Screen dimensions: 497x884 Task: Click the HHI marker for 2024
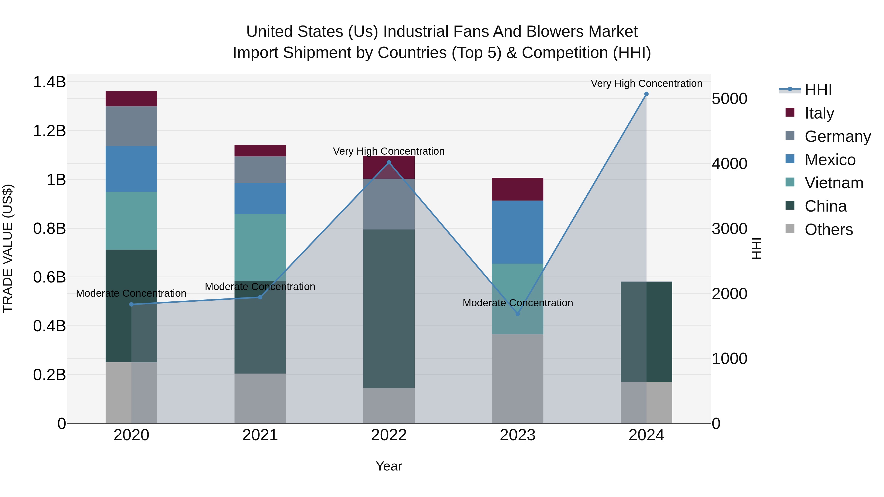click(x=646, y=94)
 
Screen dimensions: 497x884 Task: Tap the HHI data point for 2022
click(x=389, y=162)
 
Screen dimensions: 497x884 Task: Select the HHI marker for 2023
click(x=517, y=314)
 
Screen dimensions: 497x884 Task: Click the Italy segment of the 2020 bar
click(x=131, y=99)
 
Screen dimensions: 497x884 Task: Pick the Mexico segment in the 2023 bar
click(x=517, y=232)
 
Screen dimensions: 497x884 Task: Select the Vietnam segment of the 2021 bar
click(x=260, y=247)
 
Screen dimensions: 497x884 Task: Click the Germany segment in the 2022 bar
click(x=389, y=204)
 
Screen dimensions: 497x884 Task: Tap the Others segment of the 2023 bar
click(x=517, y=379)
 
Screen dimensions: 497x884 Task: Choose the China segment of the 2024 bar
click(x=646, y=332)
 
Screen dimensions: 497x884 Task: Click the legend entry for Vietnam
click(x=834, y=183)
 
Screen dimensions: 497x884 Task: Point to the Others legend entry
click(x=829, y=229)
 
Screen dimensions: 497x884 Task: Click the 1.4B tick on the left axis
click(x=49, y=82)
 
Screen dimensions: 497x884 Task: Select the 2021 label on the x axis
click(x=260, y=435)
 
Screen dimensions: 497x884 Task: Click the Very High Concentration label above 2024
click(x=646, y=83)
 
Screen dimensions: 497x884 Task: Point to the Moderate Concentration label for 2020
click(x=131, y=293)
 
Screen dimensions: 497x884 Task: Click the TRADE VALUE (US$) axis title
click(x=8, y=248)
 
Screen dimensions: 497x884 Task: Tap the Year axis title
click(x=389, y=466)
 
